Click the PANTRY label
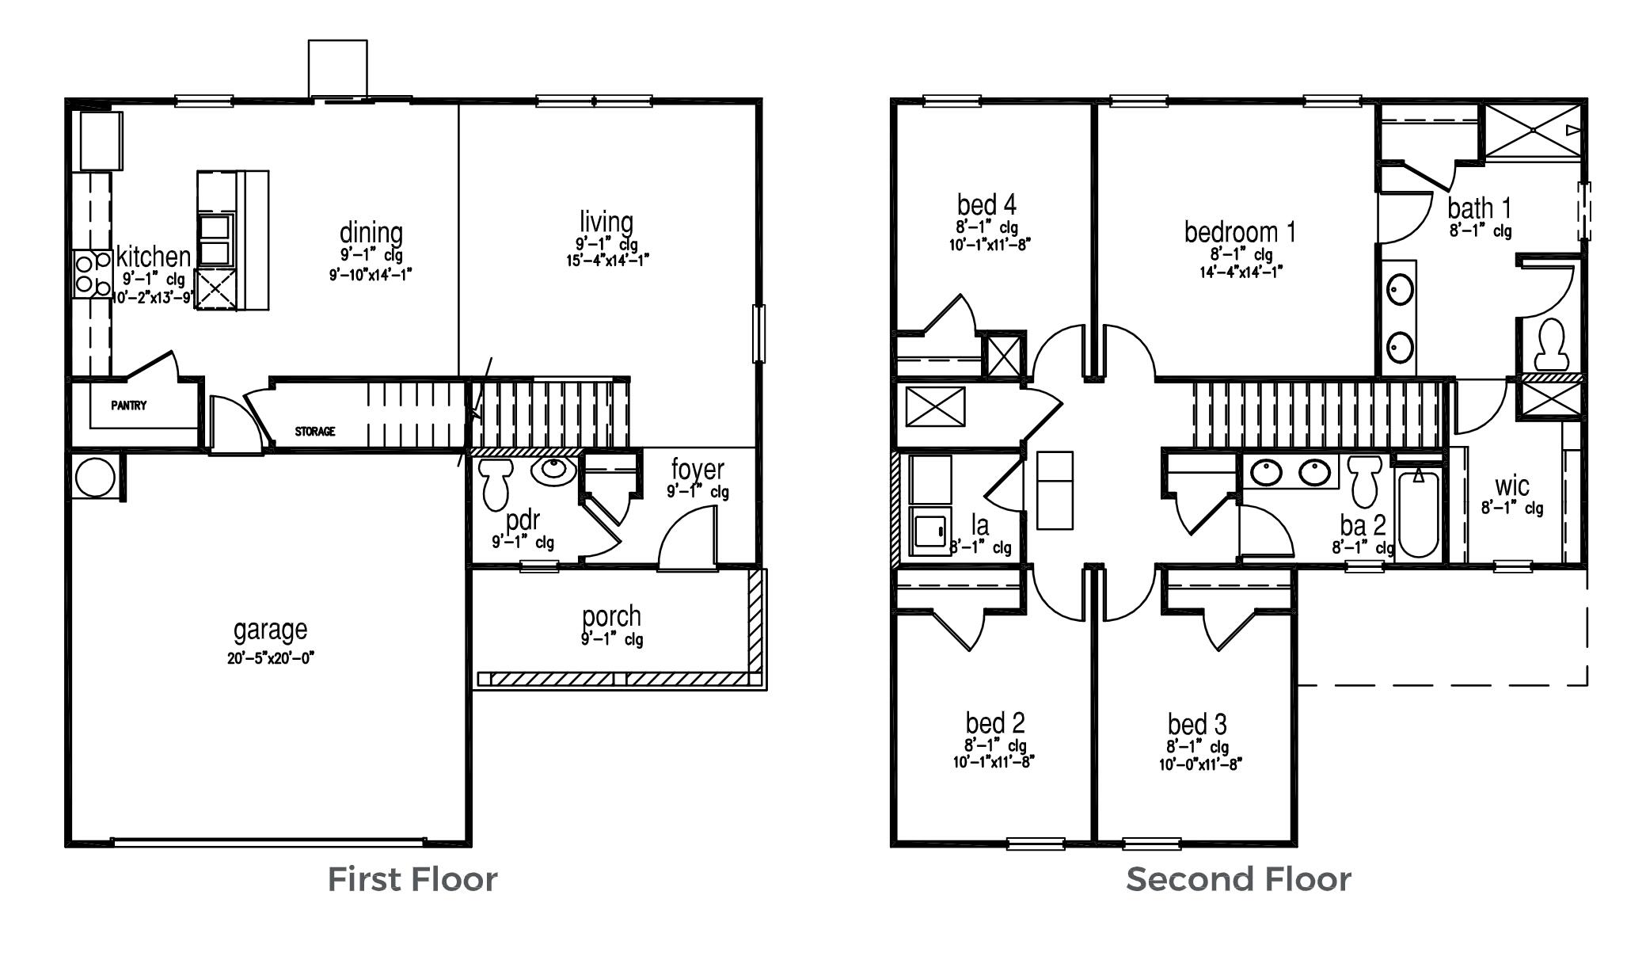(x=128, y=406)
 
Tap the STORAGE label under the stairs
(x=315, y=432)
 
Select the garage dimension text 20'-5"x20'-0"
(x=272, y=658)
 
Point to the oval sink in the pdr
(x=553, y=470)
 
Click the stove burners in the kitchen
(x=92, y=273)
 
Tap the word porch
(x=611, y=616)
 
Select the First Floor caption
(x=412, y=879)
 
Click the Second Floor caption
(x=1238, y=879)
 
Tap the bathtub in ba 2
(x=1418, y=515)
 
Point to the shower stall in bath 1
(x=1534, y=130)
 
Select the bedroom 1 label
(x=1240, y=232)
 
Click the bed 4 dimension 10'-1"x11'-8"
(x=990, y=245)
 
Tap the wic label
(x=1511, y=485)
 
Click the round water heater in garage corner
(x=96, y=477)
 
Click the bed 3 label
(x=1197, y=724)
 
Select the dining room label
(x=371, y=233)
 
